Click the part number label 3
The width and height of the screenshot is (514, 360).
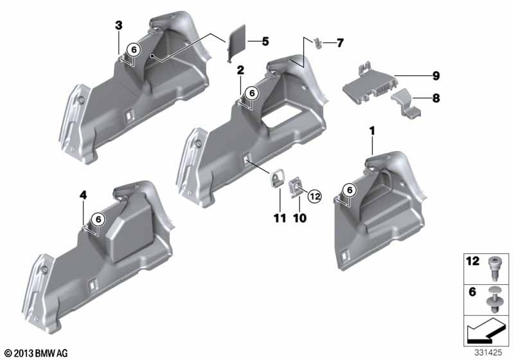119,25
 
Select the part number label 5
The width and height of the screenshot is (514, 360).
265,42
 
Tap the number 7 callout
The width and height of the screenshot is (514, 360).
340,43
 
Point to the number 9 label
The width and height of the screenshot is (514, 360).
436,76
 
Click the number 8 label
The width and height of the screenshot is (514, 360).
436,98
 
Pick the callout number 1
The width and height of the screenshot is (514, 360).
372,132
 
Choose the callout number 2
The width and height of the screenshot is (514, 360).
240,70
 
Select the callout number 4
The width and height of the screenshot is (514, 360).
84,195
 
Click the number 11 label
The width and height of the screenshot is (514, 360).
280,218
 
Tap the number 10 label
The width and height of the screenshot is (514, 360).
299,218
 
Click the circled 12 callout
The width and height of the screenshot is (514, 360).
314,197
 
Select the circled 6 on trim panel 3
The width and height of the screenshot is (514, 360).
134,50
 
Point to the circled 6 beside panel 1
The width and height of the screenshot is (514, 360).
350,190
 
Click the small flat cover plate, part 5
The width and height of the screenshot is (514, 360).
236,42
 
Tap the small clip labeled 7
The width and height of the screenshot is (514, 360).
317,43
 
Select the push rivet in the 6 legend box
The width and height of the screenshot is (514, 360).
493,300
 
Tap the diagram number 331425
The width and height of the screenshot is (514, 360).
488,353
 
